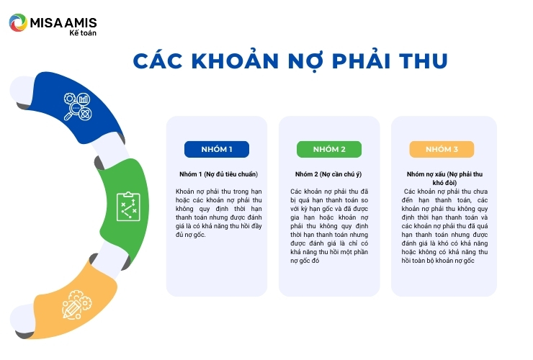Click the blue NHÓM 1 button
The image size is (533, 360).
point(217,149)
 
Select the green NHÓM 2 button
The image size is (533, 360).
point(329,149)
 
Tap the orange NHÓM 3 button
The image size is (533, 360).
point(442,149)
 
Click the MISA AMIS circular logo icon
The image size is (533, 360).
point(18,23)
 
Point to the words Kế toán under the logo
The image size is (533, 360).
point(83,33)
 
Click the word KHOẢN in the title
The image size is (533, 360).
point(236,61)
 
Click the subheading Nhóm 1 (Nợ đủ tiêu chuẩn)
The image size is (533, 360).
point(218,174)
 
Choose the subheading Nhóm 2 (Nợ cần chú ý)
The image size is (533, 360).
point(328,174)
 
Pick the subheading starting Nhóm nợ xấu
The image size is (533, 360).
point(444,178)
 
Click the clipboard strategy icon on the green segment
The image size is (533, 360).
point(128,207)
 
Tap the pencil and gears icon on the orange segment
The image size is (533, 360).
point(77,305)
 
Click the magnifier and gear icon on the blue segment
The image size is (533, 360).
point(78,107)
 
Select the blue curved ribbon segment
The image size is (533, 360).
point(75,107)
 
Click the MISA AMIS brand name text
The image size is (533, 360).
point(63,23)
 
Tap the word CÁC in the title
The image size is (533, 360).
point(158,61)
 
